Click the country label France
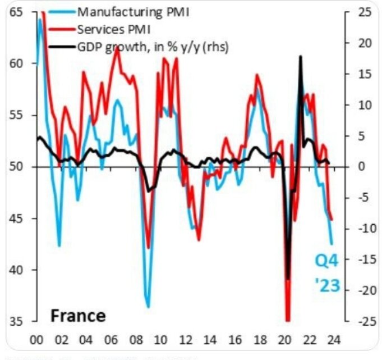click(78, 316)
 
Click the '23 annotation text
click(326, 286)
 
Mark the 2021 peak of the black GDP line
click(301, 56)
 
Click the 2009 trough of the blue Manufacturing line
click(148, 307)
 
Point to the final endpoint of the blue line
click(332, 244)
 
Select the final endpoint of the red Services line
click(332, 220)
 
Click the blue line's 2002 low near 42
click(59, 245)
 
